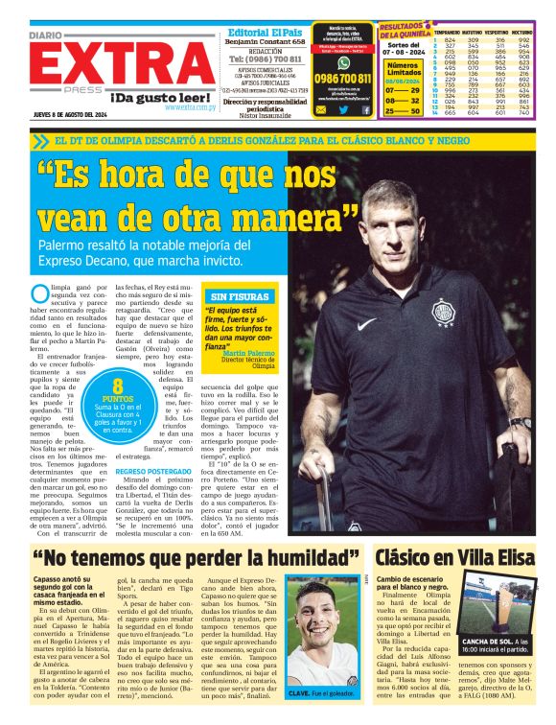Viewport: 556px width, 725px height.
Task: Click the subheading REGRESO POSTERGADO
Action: [x=152, y=472]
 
